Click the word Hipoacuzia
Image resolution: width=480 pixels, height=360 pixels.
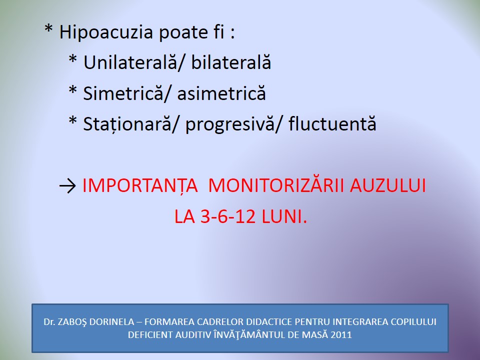106,32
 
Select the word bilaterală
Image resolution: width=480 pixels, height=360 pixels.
231,62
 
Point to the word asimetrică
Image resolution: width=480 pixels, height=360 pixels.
221,93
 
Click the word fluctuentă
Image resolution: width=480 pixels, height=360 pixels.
332,123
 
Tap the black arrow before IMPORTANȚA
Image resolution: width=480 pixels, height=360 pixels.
67,186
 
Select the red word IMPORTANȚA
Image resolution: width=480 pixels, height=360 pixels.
140,185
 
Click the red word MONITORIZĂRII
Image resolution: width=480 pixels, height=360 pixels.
276,185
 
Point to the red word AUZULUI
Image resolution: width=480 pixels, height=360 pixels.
388,185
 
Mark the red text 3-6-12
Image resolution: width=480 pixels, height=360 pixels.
228,216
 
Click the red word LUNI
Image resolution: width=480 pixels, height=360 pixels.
284,216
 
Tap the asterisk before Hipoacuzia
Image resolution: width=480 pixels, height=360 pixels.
48,29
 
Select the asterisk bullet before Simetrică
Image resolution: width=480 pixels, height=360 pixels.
73,90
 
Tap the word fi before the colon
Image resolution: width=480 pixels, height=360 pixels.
220,32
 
